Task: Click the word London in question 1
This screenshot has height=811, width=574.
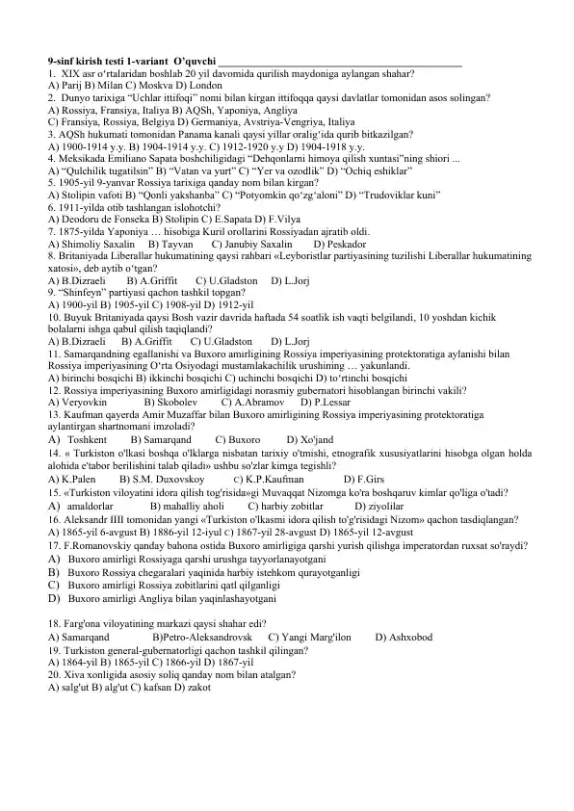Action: [x=193, y=84]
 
